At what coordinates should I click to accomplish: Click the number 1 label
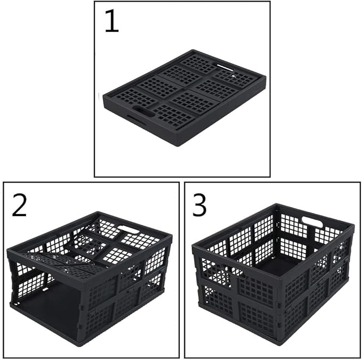112,21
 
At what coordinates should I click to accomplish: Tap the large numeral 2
19,205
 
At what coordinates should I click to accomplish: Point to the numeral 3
199,205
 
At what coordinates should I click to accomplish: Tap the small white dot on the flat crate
233,76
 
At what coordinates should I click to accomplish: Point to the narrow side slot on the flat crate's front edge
136,119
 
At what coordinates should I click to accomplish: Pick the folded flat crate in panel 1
184,98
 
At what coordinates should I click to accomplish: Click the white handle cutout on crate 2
128,230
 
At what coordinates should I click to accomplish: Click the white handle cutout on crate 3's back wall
312,221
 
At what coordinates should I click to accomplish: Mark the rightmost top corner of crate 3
353,225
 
